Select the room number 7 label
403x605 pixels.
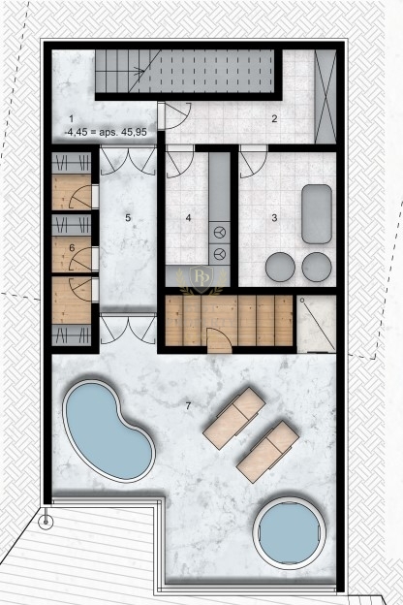(188, 406)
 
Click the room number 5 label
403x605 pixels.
(128, 218)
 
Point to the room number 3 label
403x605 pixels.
(274, 218)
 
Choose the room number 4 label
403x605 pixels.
(188, 218)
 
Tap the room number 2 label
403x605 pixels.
(274, 118)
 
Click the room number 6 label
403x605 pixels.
(72, 247)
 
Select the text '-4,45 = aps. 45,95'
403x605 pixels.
(106, 132)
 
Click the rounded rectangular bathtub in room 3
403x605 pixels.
(317, 213)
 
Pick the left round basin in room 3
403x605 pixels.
(280, 267)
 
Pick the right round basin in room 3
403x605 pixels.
(317, 267)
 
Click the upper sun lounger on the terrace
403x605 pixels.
(234, 418)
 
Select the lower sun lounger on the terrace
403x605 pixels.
(267, 452)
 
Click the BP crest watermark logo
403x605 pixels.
(201, 280)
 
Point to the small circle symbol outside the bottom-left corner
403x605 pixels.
(46, 522)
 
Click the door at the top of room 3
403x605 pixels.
(253, 162)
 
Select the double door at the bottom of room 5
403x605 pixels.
(128, 329)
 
